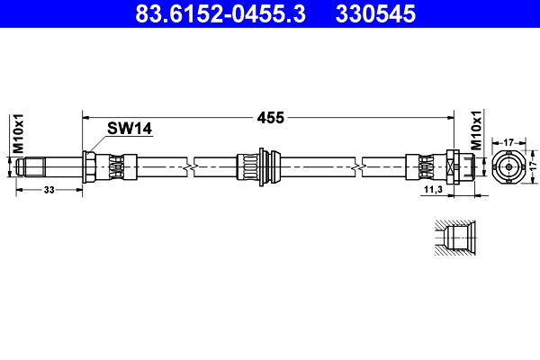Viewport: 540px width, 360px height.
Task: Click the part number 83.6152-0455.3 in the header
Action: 220,13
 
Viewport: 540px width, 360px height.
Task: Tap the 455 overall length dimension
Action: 271,117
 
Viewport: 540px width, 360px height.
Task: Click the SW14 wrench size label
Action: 129,129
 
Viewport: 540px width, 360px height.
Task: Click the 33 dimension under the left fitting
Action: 49,190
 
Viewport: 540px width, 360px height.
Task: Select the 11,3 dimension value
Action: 432,191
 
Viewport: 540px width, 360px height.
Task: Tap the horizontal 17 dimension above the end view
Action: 508,141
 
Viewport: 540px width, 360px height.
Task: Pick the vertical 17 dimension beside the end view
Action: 531,167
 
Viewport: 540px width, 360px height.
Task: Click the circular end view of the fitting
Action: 508,167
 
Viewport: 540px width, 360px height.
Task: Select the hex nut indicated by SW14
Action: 89,167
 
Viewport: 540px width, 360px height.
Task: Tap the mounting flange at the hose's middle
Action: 261,167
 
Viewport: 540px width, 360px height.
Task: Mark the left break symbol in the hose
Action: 186,167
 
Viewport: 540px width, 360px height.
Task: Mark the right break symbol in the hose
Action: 359,167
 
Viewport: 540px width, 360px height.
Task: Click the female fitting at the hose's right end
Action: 455,167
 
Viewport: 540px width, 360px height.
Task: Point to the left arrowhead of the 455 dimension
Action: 86,116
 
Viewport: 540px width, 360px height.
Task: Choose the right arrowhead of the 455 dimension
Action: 448,116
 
